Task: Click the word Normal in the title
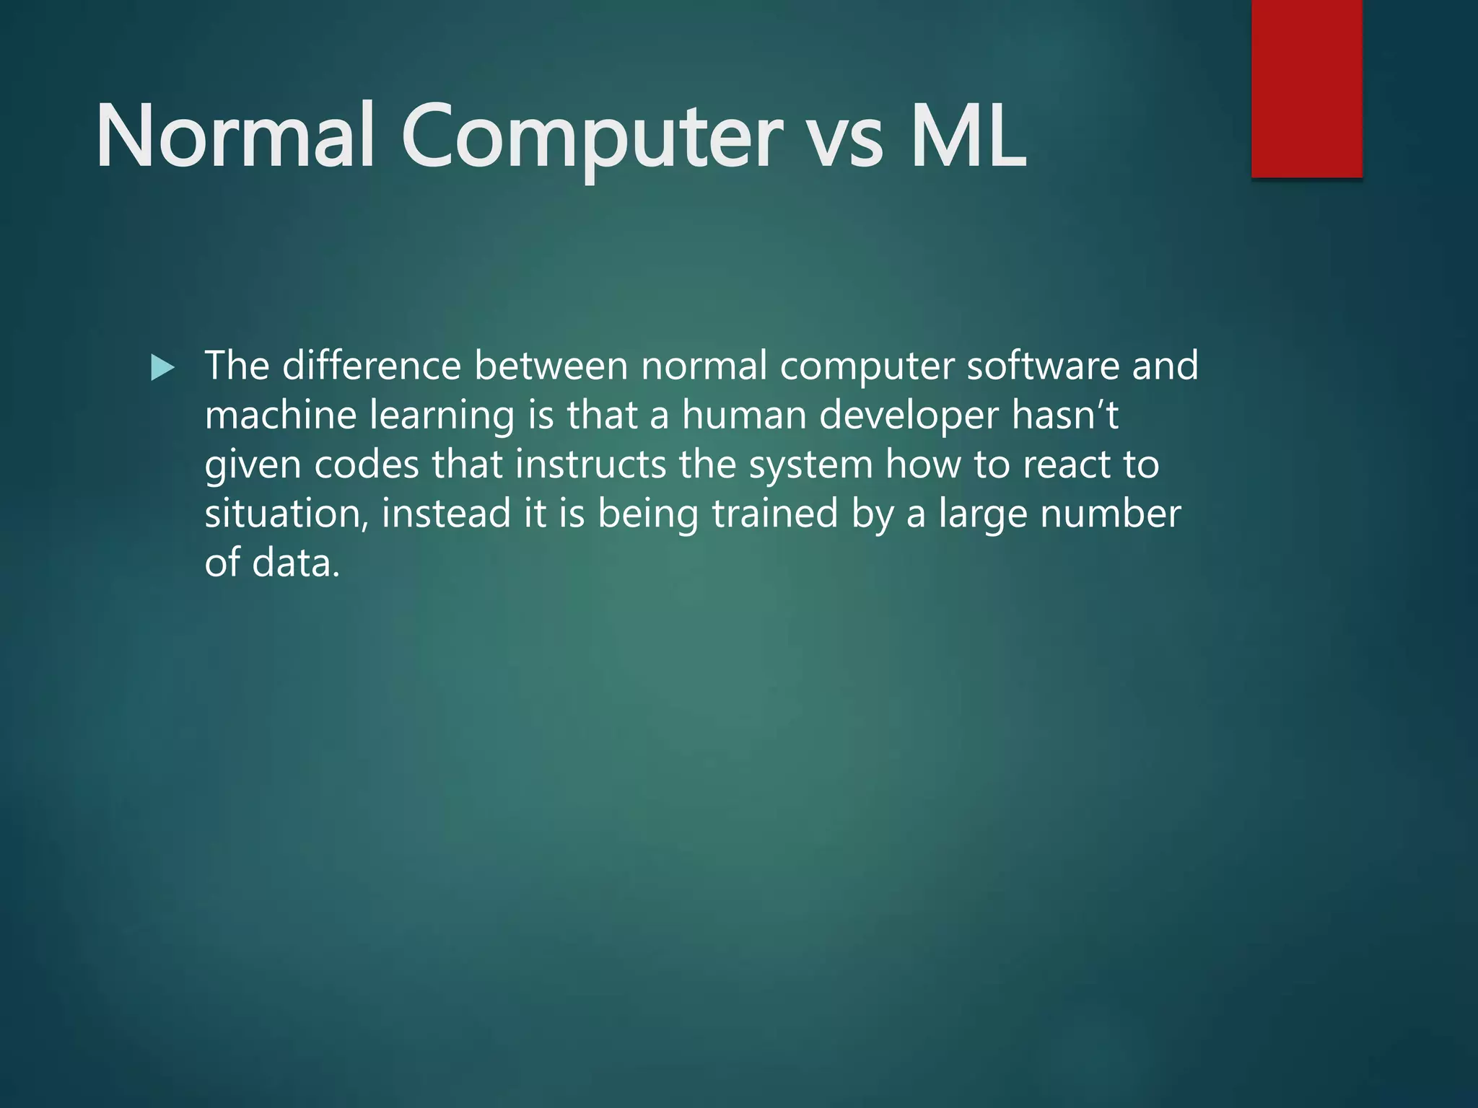pos(235,136)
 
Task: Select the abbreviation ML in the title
pos(968,136)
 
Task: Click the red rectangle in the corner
pos(1306,88)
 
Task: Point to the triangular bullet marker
pos(163,369)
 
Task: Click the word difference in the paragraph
pos(371,366)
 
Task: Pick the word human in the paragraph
pos(744,415)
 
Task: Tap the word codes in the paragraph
pos(367,465)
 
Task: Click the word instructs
pos(590,465)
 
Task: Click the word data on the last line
pos(295,563)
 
